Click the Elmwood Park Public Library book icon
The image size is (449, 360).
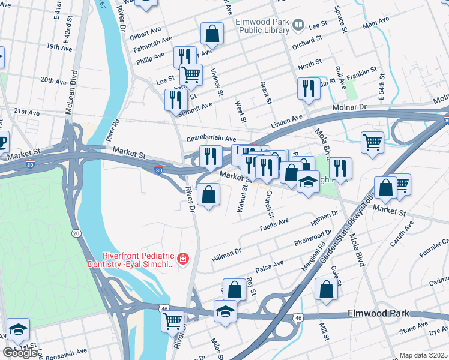pyautogui.click(x=298, y=25)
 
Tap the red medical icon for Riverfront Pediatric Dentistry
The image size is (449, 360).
pyautogui.click(x=182, y=259)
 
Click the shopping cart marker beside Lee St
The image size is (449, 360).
pyautogui.click(x=191, y=75)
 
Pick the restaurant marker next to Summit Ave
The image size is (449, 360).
pyautogui.click(x=176, y=99)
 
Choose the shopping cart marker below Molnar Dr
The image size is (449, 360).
pyautogui.click(x=372, y=143)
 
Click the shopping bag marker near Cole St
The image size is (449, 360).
pyautogui.click(x=326, y=289)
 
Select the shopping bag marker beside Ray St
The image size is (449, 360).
pyautogui.click(x=234, y=289)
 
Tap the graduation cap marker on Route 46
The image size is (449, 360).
pyautogui.click(x=225, y=311)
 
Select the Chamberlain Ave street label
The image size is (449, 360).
pyautogui.click(x=211, y=139)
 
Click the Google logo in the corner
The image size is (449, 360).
pyautogui.click(x=21, y=353)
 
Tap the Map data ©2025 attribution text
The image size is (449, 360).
pyautogui.click(x=423, y=355)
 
